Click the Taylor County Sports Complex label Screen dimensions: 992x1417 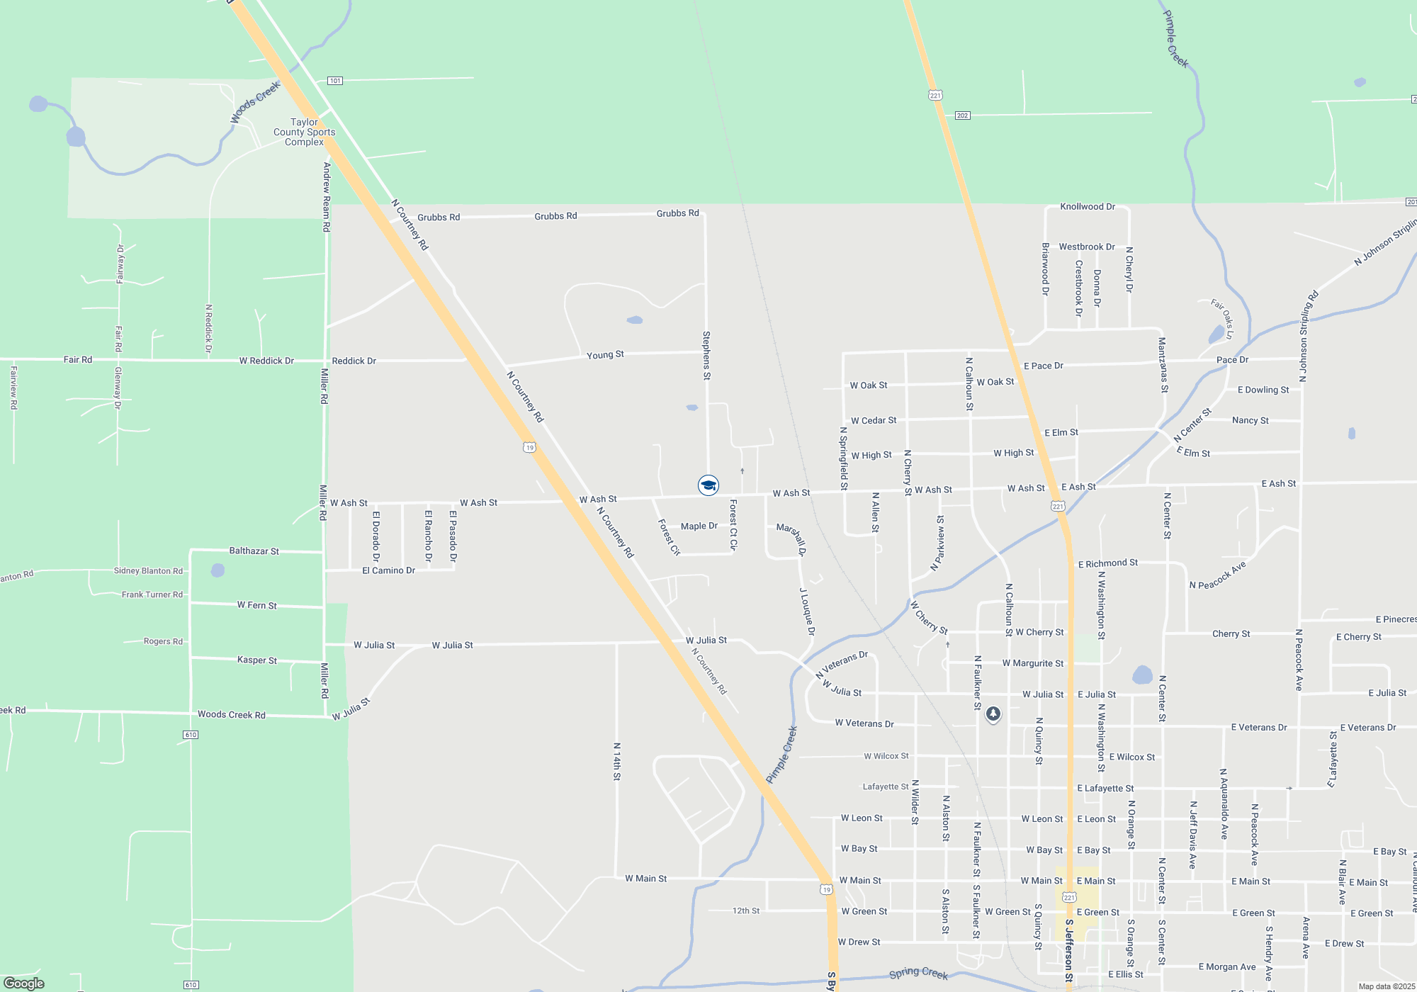pos(304,133)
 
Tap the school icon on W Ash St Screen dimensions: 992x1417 pos(708,485)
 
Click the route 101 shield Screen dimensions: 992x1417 pos(335,81)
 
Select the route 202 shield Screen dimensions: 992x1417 pos(962,115)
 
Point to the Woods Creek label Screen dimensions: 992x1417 pos(255,102)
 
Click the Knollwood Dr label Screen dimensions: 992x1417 pos(1087,207)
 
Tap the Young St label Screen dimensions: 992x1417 pos(605,354)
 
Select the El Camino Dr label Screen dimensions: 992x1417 pos(388,570)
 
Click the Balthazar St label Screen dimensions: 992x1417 pos(254,551)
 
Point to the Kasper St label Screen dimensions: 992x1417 pos(256,660)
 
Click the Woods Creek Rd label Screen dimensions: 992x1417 pos(231,715)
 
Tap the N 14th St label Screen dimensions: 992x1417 pos(616,762)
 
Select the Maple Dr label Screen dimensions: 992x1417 pos(699,526)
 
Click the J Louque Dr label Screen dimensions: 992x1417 pos(807,611)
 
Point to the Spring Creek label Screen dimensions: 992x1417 pos(918,974)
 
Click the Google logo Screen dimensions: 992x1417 pos(24,983)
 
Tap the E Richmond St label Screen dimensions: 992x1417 pos(1107,564)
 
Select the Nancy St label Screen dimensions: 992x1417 pos(1250,420)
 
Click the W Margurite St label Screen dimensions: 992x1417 pos(1032,663)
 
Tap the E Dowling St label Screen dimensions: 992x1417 pos(1263,390)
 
